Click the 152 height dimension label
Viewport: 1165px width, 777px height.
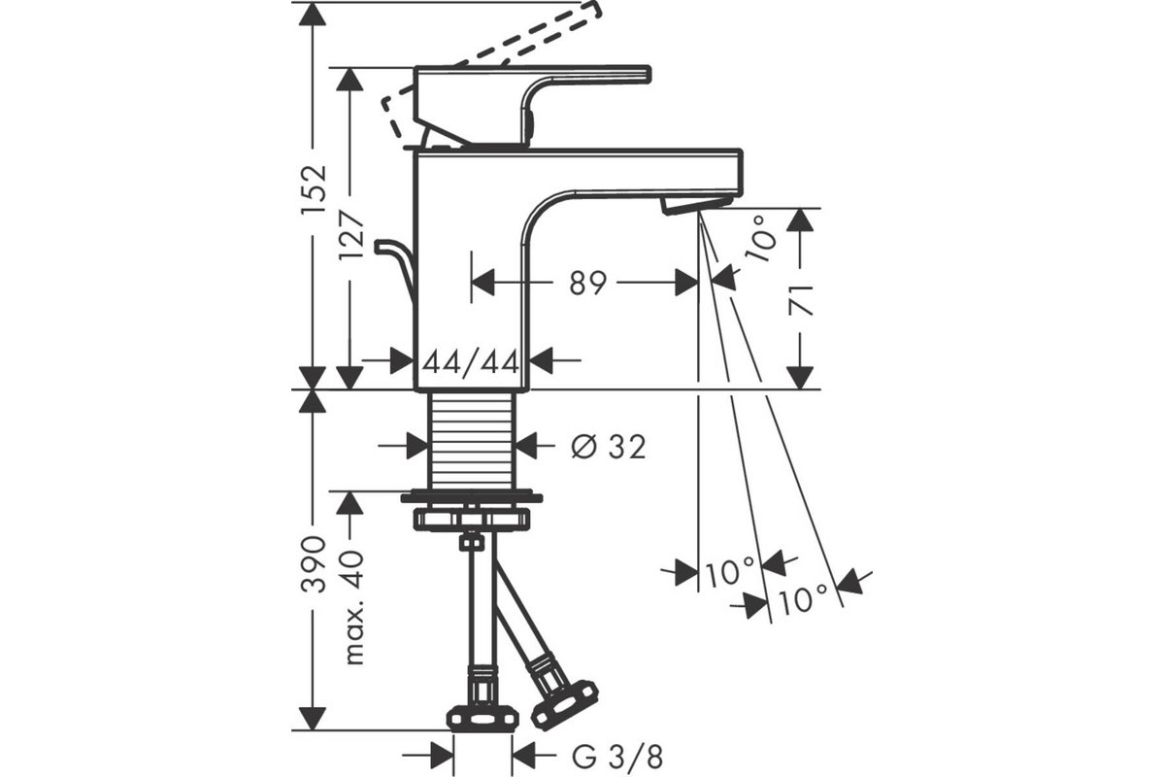tap(314, 189)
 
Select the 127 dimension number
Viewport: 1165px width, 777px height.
tap(351, 236)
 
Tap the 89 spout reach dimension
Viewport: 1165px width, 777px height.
tap(587, 283)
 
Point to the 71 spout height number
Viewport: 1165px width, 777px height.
tap(801, 301)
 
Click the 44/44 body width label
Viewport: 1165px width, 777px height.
tap(471, 361)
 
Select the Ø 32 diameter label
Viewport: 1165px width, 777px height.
tap(609, 447)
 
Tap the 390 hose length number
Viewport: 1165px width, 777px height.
tap(314, 564)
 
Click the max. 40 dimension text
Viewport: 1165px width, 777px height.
tap(352, 607)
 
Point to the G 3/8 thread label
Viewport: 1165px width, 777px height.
tap(617, 757)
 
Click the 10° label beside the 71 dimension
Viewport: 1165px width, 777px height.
tap(760, 239)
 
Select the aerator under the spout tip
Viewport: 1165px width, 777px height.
tap(697, 204)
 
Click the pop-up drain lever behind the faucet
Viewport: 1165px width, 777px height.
tap(399, 271)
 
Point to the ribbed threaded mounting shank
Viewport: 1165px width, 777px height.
tap(472, 440)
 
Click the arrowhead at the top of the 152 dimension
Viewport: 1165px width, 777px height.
tap(313, 14)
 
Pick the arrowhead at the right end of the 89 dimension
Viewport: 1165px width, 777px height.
tap(686, 283)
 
